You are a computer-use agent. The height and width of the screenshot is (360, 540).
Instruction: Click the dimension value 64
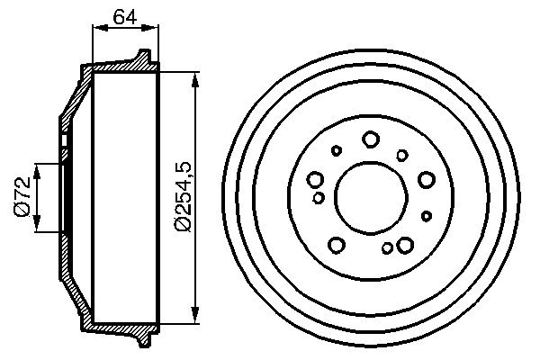[x=126, y=15]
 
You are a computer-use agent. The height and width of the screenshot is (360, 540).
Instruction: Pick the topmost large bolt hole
[x=370, y=139]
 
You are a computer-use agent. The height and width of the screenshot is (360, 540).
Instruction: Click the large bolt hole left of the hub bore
[x=316, y=179]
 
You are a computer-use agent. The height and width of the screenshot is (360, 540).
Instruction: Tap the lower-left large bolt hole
[x=337, y=244]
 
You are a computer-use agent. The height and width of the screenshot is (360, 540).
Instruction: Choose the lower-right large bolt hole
[x=404, y=244]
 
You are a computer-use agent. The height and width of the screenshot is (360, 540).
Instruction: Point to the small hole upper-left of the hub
[x=337, y=151]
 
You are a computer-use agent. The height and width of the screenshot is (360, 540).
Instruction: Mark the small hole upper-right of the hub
[x=402, y=155]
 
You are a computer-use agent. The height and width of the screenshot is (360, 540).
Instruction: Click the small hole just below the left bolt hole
[x=319, y=196]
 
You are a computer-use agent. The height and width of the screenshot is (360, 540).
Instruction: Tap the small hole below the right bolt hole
[x=426, y=215]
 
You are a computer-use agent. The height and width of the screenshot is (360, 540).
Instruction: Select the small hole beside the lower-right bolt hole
[x=386, y=248]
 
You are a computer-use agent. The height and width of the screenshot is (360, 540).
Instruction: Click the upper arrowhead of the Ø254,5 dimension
[x=195, y=76]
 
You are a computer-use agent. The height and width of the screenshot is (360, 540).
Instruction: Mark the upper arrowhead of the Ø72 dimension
[x=36, y=167]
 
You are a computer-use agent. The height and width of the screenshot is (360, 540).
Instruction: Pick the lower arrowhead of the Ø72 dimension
[x=36, y=229]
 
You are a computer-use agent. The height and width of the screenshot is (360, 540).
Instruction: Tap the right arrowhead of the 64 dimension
[x=154, y=29]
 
